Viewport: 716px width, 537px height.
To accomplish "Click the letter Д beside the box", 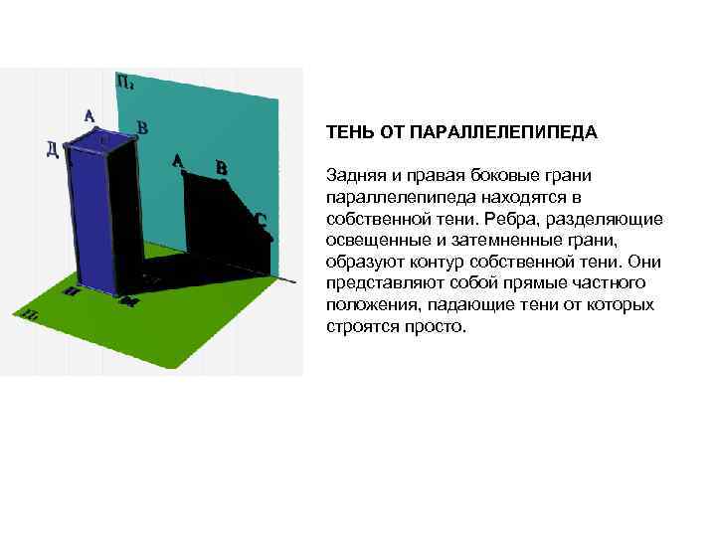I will pyautogui.click(x=52, y=150).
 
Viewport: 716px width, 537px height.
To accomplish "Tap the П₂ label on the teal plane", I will pyautogui.click(x=125, y=83).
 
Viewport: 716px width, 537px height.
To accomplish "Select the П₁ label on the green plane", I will pyautogui.click(x=32, y=315).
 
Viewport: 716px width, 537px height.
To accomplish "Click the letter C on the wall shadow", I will pyautogui.click(x=260, y=220).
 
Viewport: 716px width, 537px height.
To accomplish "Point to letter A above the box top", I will pyautogui.click(x=89, y=116).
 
